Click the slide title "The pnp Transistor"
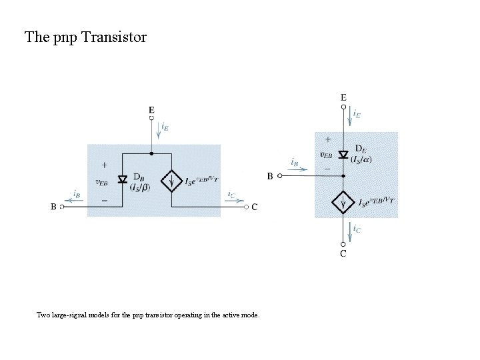pos(85,37)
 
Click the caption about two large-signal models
pos(148,315)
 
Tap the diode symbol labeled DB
pos(122,179)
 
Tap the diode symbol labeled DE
pos(343,155)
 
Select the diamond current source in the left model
pos(172,180)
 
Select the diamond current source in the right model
pos(343,201)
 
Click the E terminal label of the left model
pos(151,110)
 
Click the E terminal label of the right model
pos(343,97)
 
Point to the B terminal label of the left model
pos(53,207)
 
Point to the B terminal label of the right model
pos(270,176)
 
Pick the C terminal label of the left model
pos(255,207)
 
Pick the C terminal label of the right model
pos(343,253)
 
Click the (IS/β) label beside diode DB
pos(140,187)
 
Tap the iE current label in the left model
pos(165,127)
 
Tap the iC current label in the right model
pos(357,229)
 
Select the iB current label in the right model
pos(293,162)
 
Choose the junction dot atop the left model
pos(151,153)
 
